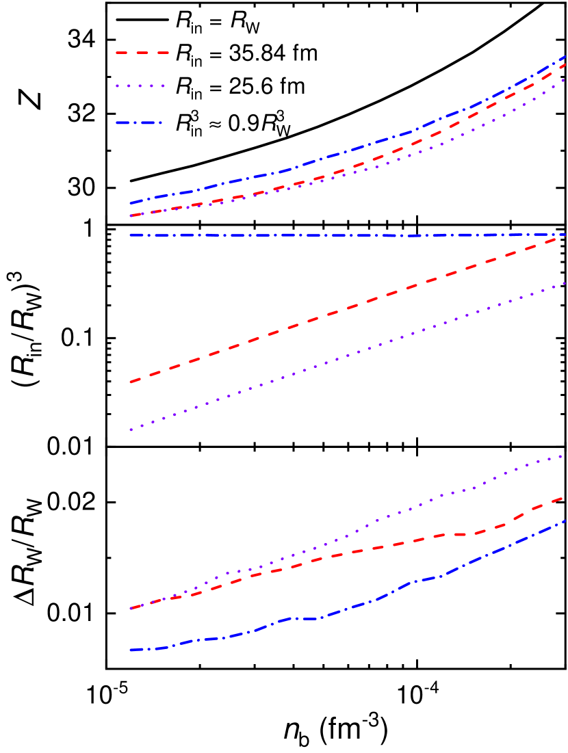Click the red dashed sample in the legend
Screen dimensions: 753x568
click(142, 53)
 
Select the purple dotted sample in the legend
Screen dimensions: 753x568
click(140, 86)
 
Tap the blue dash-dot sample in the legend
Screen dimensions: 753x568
click(139, 123)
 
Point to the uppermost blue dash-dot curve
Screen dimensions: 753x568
click(342, 153)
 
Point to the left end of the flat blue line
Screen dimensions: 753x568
click(131, 235)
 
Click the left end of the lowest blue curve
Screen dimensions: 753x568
click(131, 650)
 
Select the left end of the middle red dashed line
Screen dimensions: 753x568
click(131, 382)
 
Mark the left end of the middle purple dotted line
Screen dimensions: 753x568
click(131, 430)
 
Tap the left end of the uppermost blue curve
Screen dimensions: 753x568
click(131, 203)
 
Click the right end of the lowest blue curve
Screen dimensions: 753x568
click(565, 520)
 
